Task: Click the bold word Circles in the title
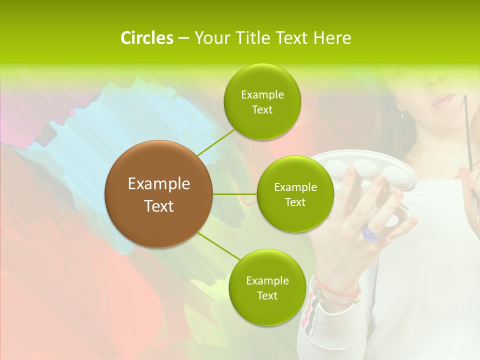146,38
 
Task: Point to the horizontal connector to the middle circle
234,194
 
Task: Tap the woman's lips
444,101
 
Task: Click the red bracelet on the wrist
340,290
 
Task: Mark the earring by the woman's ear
403,112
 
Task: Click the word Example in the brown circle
159,184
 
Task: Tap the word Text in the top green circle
262,110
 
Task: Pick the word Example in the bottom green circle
267,280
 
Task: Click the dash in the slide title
183,38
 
